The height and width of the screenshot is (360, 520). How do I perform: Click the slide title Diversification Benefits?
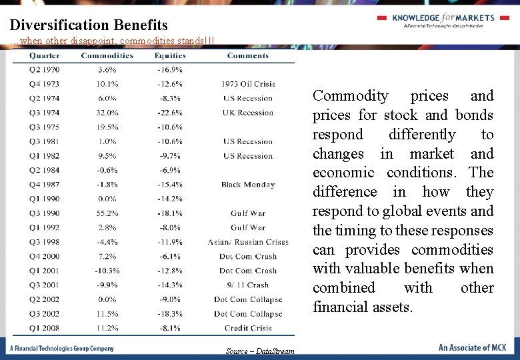click(x=89, y=25)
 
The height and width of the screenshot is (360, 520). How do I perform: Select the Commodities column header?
click(x=107, y=55)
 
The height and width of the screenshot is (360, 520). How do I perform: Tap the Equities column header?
click(x=170, y=55)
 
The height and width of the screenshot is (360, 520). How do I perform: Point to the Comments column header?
click(x=248, y=55)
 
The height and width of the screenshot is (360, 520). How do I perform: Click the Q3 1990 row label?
click(x=44, y=213)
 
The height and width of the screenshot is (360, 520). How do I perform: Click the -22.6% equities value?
click(x=170, y=113)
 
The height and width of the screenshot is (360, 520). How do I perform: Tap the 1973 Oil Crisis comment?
click(x=248, y=84)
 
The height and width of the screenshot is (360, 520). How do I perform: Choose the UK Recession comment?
click(x=248, y=113)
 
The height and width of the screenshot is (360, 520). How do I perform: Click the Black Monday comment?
click(x=248, y=185)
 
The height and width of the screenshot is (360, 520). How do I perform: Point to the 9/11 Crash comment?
click(x=248, y=285)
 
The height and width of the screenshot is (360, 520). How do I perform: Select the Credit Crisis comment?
click(x=248, y=328)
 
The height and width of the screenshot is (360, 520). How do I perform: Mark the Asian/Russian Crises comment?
click(x=248, y=242)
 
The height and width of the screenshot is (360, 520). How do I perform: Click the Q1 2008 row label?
click(x=44, y=328)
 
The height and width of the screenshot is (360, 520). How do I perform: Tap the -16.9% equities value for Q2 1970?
click(x=170, y=69)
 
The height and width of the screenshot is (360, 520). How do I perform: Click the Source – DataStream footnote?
click(x=259, y=351)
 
